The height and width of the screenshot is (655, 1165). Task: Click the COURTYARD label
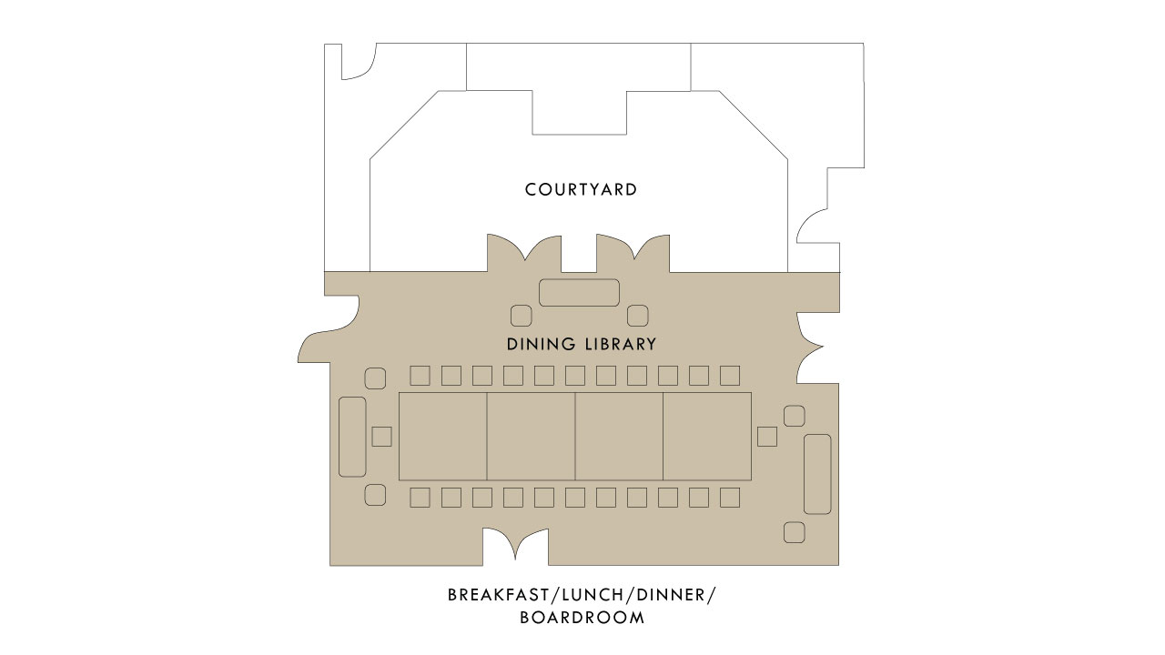click(x=581, y=190)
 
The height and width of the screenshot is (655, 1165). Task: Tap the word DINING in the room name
click(x=542, y=345)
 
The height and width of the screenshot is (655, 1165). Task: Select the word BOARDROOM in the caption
click(x=582, y=618)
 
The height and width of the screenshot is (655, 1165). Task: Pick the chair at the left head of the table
click(x=382, y=437)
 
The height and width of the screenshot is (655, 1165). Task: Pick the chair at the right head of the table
click(x=767, y=437)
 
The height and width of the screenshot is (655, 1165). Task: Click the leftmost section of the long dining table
click(x=443, y=437)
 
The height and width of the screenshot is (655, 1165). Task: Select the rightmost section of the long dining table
click(x=707, y=437)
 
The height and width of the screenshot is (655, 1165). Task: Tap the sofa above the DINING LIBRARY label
click(x=579, y=293)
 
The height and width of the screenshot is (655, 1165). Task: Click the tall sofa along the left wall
click(x=352, y=437)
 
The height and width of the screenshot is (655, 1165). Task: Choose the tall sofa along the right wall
click(x=817, y=474)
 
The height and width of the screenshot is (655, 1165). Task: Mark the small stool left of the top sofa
click(x=521, y=316)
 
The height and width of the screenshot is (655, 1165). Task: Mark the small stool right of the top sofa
click(x=638, y=316)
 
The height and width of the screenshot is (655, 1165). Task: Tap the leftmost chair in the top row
click(x=420, y=376)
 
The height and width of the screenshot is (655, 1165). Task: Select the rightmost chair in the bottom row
click(x=730, y=498)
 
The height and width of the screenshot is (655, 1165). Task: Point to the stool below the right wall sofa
click(x=794, y=532)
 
